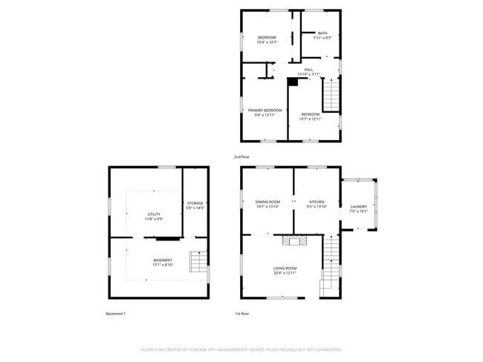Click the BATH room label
[322, 33]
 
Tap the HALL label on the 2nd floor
[308, 70]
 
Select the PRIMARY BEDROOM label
[265, 111]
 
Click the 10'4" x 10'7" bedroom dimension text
[267, 42]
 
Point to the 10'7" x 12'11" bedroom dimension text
[310, 119]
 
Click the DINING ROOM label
[268, 202]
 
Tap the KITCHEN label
[317, 202]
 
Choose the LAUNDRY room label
[358, 207]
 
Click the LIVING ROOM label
[285, 269]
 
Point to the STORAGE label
[195, 203]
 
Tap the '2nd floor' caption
[241, 157]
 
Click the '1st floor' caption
[241, 314]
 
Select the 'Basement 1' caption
[116, 314]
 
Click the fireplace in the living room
[293, 240]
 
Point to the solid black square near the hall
[292, 82]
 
